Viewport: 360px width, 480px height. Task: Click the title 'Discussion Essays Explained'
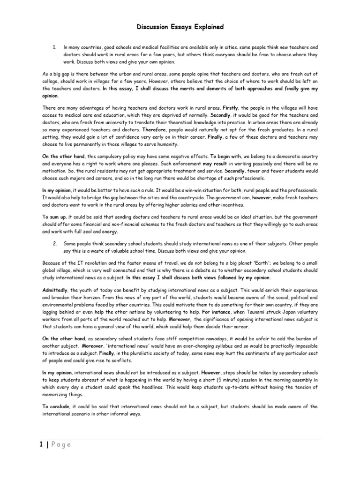(x=180, y=27)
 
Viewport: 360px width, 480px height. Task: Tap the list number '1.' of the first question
(x=54, y=48)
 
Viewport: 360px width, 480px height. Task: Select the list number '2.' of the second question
(x=54, y=244)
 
